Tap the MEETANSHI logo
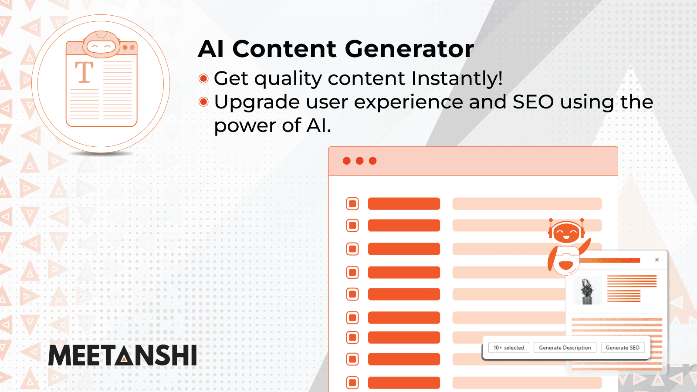point(122,355)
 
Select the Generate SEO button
point(623,348)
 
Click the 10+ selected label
point(509,348)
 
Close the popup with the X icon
point(657,260)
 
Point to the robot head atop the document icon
point(102,44)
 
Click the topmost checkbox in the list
point(352,203)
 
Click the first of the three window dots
point(347,161)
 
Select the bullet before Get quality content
point(203,78)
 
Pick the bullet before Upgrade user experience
point(203,102)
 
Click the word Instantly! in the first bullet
point(457,78)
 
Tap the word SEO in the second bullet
point(533,102)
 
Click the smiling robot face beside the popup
point(566,232)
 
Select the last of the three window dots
point(372,161)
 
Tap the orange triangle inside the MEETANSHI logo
point(125,359)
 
